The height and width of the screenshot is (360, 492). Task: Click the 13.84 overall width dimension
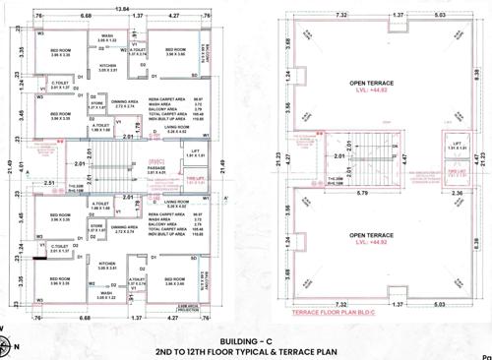122,8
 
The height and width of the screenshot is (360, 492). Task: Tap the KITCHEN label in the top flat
108,66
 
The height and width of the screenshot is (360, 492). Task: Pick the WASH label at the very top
107,35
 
